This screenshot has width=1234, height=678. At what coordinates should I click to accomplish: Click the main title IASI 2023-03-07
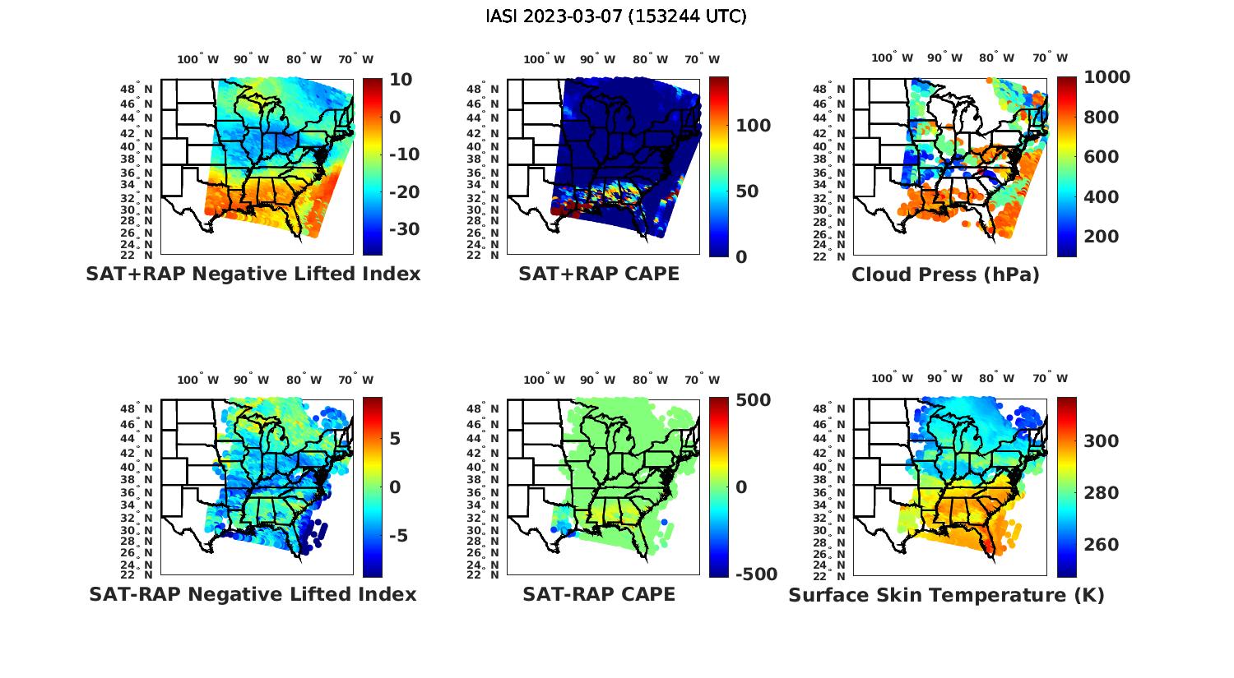click(616, 16)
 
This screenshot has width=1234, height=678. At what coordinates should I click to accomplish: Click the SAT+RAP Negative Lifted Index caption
click(253, 274)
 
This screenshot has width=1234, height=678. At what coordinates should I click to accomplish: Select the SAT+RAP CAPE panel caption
click(599, 274)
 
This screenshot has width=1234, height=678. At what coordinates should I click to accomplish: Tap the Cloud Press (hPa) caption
click(945, 274)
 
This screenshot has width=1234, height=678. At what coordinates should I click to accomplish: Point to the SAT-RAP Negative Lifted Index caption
click(253, 594)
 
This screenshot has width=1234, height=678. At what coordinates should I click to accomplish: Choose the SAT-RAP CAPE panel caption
click(599, 594)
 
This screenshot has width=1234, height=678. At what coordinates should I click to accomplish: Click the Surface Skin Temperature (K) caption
click(946, 594)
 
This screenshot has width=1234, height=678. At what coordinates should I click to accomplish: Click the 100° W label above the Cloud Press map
click(893, 58)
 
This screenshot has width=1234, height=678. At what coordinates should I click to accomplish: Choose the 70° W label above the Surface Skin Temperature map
click(1050, 379)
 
